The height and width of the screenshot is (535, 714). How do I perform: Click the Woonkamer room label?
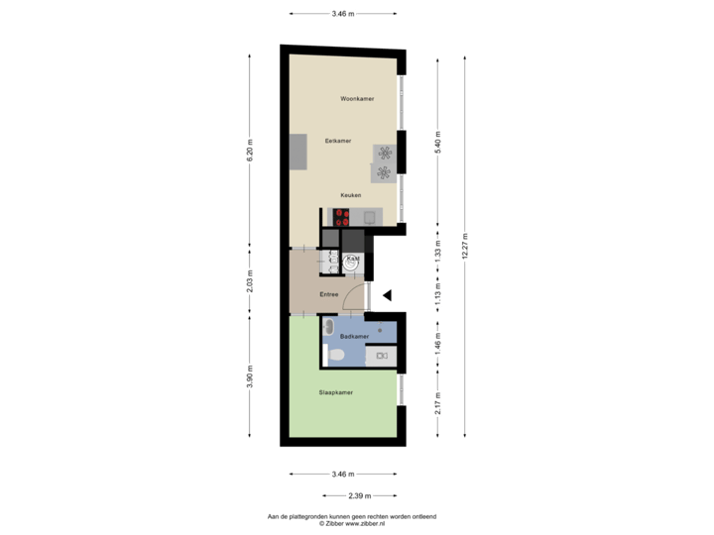click(x=356, y=99)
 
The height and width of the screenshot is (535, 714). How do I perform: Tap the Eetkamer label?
click(x=338, y=141)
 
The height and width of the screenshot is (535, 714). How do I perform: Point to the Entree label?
click(x=330, y=294)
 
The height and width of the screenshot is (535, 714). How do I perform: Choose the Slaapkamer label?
click(x=336, y=392)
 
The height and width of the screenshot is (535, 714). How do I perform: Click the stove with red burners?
click(x=344, y=217)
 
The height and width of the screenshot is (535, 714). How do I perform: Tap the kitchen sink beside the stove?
click(x=370, y=217)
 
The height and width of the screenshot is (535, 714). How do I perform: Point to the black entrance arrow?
click(x=389, y=294)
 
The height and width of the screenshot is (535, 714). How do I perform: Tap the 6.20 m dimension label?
click(x=250, y=149)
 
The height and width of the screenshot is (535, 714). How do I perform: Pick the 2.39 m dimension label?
click(x=358, y=495)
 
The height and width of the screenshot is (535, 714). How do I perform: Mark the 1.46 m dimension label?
click(x=437, y=343)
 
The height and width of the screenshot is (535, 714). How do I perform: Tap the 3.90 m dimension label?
click(x=250, y=376)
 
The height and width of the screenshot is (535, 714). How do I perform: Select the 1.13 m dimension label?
click(x=437, y=293)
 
